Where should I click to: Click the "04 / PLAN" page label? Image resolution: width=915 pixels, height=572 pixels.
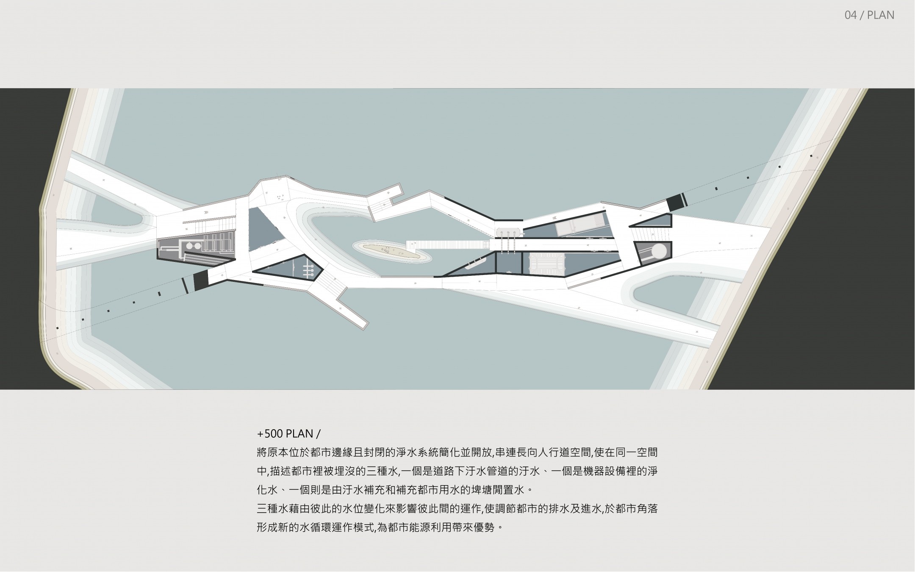tap(869, 15)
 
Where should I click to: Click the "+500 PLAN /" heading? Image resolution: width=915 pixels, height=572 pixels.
tap(288, 434)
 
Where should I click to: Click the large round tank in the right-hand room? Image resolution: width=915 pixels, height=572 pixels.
tap(658, 252)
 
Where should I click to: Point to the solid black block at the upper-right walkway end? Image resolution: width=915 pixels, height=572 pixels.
tap(675, 202)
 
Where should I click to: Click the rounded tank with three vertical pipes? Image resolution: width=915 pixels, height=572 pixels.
tap(508, 232)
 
